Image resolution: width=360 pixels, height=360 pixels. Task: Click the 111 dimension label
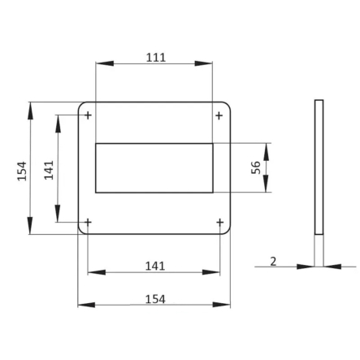pyautogui.click(x=156, y=58)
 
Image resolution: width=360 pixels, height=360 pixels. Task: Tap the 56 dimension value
pyautogui.click(x=256, y=167)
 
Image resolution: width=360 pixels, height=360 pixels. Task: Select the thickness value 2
pyautogui.click(x=273, y=262)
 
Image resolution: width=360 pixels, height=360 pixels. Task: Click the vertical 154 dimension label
pyautogui.click(x=22, y=171)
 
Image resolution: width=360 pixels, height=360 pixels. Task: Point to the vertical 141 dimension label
pyautogui.click(x=49, y=170)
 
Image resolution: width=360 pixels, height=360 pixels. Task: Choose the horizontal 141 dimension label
pyautogui.click(x=155, y=267)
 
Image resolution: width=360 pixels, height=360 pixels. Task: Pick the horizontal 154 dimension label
pyautogui.click(x=155, y=299)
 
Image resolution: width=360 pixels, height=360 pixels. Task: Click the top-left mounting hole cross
pyautogui.click(x=88, y=115)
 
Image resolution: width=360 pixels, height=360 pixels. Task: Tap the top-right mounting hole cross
pyautogui.click(x=219, y=115)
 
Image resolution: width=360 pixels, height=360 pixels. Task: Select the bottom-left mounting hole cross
pyautogui.click(x=88, y=223)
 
